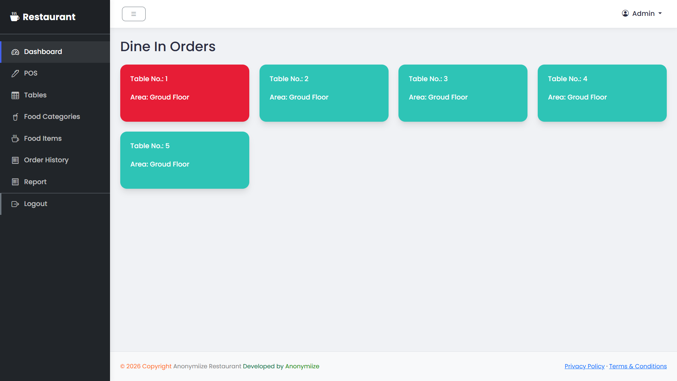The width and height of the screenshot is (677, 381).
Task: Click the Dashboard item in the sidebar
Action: pyautogui.click(x=55, y=52)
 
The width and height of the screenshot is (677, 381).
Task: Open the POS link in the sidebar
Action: pyautogui.click(x=55, y=73)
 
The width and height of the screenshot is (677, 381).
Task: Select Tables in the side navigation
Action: pyautogui.click(x=55, y=95)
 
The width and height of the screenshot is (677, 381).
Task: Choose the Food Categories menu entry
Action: pyautogui.click(x=55, y=117)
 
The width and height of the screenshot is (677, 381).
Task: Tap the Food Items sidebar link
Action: pyautogui.click(x=55, y=139)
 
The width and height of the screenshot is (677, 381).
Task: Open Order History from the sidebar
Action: pyautogui.click(x=55, y=160)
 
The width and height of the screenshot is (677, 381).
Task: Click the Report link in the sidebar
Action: pyautogui.click(x=55, y=182)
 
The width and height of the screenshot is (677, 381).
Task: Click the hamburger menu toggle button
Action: pyautogui.click(x=134, y=14)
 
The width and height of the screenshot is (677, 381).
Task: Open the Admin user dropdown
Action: pyautogui.click(x=642, y=13)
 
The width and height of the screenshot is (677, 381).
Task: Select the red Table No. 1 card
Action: pyautogui.click(x=185, y=93)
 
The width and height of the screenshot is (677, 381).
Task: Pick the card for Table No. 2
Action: pyautogui.click(x=324, y=93)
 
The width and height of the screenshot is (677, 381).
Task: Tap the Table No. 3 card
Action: pyautogui.click(x=463, y=93)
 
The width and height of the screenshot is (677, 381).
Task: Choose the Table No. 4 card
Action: pyautogui.click(x=602, y=93)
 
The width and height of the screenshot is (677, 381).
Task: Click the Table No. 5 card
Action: pyautogui.click(x=185, y=160)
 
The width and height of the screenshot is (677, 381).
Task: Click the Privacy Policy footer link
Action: pyautogui.click(x=585, y=366)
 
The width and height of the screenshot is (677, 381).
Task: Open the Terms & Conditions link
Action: pyautogui.click(x=638, y=366)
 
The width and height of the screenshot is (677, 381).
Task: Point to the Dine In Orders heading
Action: pyautogui.click(x=168, y=47)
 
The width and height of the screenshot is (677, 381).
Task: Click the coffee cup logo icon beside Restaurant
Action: pyautogui.click(x=14, y=17)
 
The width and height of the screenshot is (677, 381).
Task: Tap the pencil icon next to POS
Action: pyautogui.click(x=15, y=73)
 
